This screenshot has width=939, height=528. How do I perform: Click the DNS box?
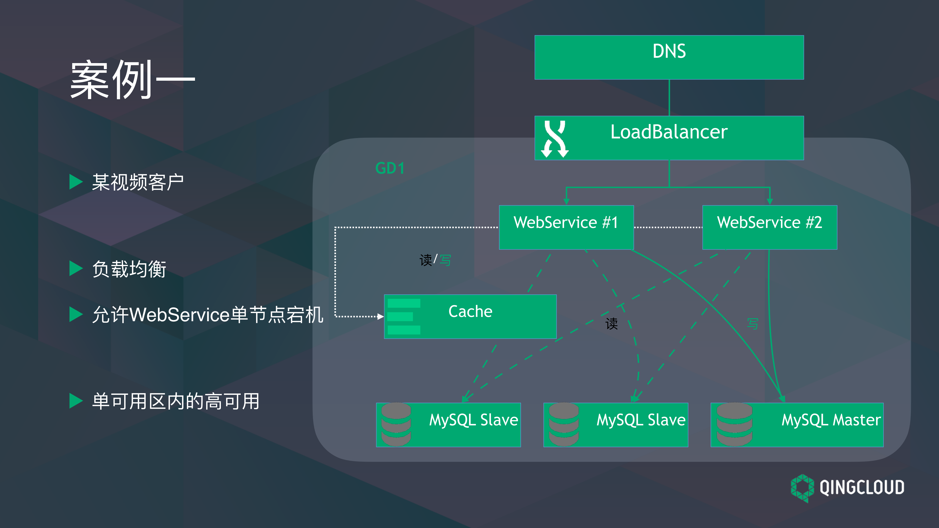click(669, 57)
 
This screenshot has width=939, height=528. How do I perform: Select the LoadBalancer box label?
click(669, 132)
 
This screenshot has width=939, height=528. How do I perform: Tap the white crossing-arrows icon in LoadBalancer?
click(555, 139)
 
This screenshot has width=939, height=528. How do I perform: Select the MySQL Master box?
click(797, 425)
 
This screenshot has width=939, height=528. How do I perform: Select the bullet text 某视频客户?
click(138, 182)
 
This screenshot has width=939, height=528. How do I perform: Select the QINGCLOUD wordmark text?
click(862, 487)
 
